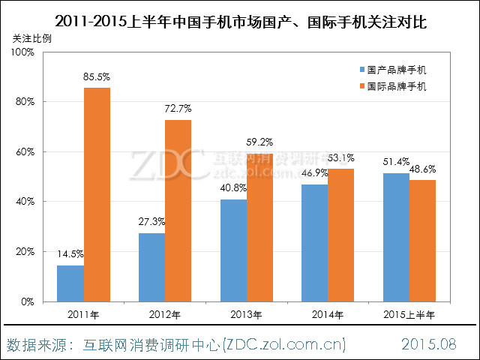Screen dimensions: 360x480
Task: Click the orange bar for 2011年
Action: [x=97, y=194]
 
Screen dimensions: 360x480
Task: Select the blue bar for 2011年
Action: [x=70, y=283]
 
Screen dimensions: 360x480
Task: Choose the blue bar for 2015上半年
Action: [x=395, y=237]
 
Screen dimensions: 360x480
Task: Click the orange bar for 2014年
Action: [x=341, y=235]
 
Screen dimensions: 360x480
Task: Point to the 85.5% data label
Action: [x=97, y=77]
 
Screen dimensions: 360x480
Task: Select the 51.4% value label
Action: [x=395, y=163]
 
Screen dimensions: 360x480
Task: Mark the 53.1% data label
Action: [x=341, y=158]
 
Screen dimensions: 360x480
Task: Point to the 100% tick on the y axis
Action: [x=22, y=52]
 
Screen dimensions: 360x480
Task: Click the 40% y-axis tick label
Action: [x=25, y=202]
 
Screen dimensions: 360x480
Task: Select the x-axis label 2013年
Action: [x=246, y=313]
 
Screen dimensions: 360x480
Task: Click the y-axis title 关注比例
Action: [x=33, y=37]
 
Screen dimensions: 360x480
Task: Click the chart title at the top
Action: [x=241, y=18]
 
